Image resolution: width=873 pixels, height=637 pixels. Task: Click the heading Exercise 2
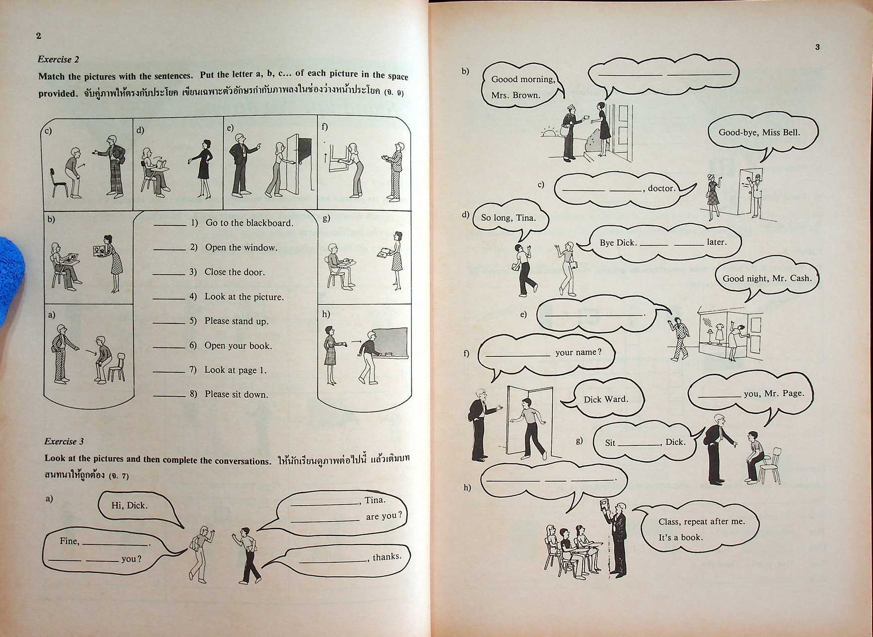point(58,59)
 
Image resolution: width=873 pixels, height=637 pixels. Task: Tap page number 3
point(817,47)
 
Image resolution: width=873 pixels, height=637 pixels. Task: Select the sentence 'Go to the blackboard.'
point(249,223)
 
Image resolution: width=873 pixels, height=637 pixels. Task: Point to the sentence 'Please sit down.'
point(236,394)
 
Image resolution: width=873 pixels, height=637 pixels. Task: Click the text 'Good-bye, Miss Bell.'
point(759,132)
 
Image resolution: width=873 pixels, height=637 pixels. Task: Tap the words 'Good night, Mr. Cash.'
point(767,279)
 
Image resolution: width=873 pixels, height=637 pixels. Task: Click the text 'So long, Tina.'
point(508,218)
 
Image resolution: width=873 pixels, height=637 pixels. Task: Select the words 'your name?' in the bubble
point(578,352)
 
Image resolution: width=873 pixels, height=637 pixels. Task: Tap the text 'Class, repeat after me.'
point(702,522)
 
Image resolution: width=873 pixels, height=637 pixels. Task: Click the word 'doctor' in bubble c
point(661,189)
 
